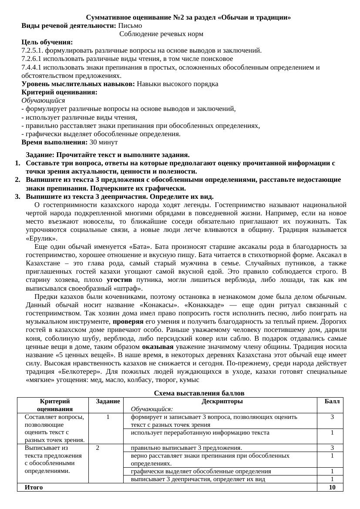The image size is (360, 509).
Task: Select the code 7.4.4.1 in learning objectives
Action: coord(32,67)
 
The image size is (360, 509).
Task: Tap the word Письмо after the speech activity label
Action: coord(130,26)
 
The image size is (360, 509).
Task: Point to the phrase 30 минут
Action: coord(104,142)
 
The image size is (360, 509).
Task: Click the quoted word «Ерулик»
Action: coord(41,239)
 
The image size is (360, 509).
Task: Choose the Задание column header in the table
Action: coord(108,402)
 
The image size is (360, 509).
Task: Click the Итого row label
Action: coord(34,487)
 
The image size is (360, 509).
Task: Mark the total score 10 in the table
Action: coord(332,487)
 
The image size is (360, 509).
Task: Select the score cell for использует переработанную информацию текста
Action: coord(332,433)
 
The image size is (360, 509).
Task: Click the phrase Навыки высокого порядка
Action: coord(177,84)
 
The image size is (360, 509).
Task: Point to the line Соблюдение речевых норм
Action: coord(161,34)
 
